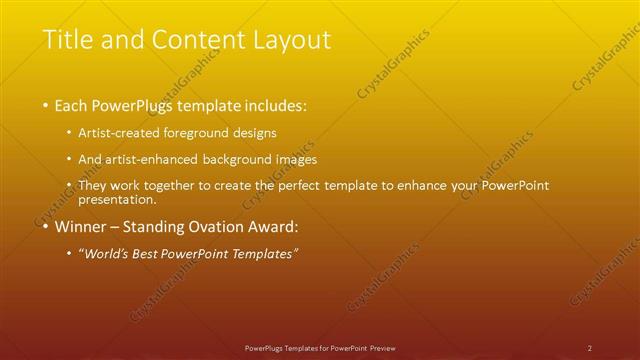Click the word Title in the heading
point(68,40)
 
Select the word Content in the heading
point(193,40)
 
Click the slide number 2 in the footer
point(589,347)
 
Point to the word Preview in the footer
point(380,347)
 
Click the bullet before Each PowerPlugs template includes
point(46,105)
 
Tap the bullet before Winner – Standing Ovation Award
point(46,226)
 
